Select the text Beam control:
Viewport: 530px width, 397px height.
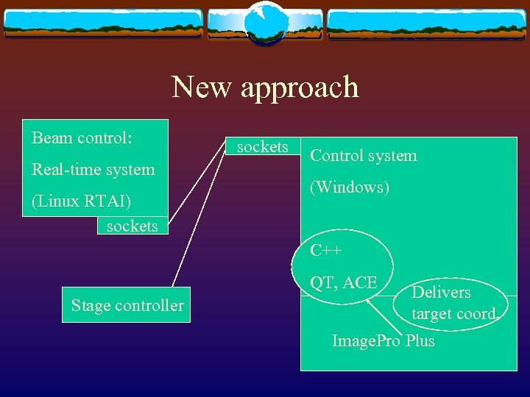tap(82, 138)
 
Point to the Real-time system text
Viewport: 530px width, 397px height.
tap(93, 170)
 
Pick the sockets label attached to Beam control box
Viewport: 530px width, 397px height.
tap(132, 226)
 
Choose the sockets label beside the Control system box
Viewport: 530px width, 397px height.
tap(263, 147)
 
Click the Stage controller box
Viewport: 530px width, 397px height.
tap(127, 305)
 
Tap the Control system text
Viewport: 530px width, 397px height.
tap(364, 156)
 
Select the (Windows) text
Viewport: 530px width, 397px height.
tap(350, 187)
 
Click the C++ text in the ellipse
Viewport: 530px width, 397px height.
tap(326, 251)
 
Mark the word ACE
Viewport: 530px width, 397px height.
tap(360, 282)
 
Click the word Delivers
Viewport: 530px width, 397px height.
tap(441, 293)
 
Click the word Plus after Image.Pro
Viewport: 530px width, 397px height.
tap(419, 341)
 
